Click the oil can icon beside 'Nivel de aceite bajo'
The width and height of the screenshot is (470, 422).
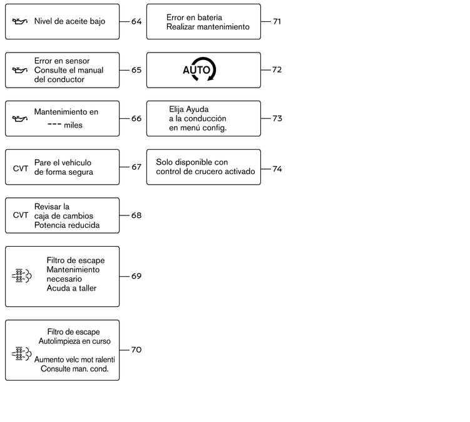pos(20,21)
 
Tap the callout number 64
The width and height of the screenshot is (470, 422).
pos(136,21)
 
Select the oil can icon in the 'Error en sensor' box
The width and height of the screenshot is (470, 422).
pos(20,70)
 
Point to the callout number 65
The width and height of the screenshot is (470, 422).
pos(136,70)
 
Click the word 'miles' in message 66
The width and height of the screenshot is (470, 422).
pos(73,125)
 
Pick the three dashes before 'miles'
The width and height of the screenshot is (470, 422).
pos(54,124)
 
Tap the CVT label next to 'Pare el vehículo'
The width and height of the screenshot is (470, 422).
pos(21,168)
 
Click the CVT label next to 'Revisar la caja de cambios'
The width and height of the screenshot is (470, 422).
pos(21,215)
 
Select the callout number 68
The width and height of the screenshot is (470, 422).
pos(136,215)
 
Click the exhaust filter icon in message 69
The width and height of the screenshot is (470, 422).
pos(21,276)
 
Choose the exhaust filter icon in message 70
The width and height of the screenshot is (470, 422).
pos(21,354)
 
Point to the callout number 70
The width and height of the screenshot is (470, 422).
pos(136,350)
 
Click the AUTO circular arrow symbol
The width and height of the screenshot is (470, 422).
pos(200,69)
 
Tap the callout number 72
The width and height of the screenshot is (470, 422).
pos(277,70)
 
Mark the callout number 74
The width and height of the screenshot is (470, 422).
pos(277,169)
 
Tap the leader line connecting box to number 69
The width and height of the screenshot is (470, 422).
pos(125,276)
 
